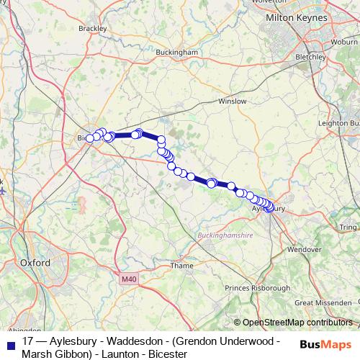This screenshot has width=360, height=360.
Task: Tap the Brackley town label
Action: click(93, 28)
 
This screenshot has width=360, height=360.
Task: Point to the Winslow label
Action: click(232, 102)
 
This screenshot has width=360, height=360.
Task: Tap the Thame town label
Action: click(181, 265)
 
